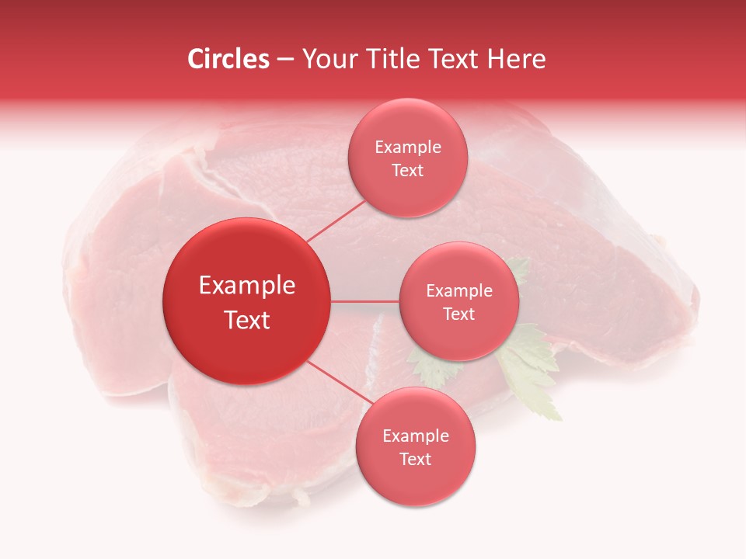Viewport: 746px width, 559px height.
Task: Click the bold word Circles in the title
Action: [x=228, y=59]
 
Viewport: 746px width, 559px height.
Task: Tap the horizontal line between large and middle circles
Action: [x=365, y=300]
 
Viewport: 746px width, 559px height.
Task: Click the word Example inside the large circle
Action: [x=246, y=286]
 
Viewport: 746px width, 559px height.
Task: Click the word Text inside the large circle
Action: [x=246, y=320]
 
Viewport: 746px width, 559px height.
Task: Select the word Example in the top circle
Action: [x=407, y=147]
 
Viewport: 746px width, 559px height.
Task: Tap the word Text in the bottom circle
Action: [x=415, y=459]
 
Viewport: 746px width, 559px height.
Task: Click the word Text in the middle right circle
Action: [x=458, y=314]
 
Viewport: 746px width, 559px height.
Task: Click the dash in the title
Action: [x=284, y=60]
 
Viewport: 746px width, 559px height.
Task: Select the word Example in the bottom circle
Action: [x=415, y=436]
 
